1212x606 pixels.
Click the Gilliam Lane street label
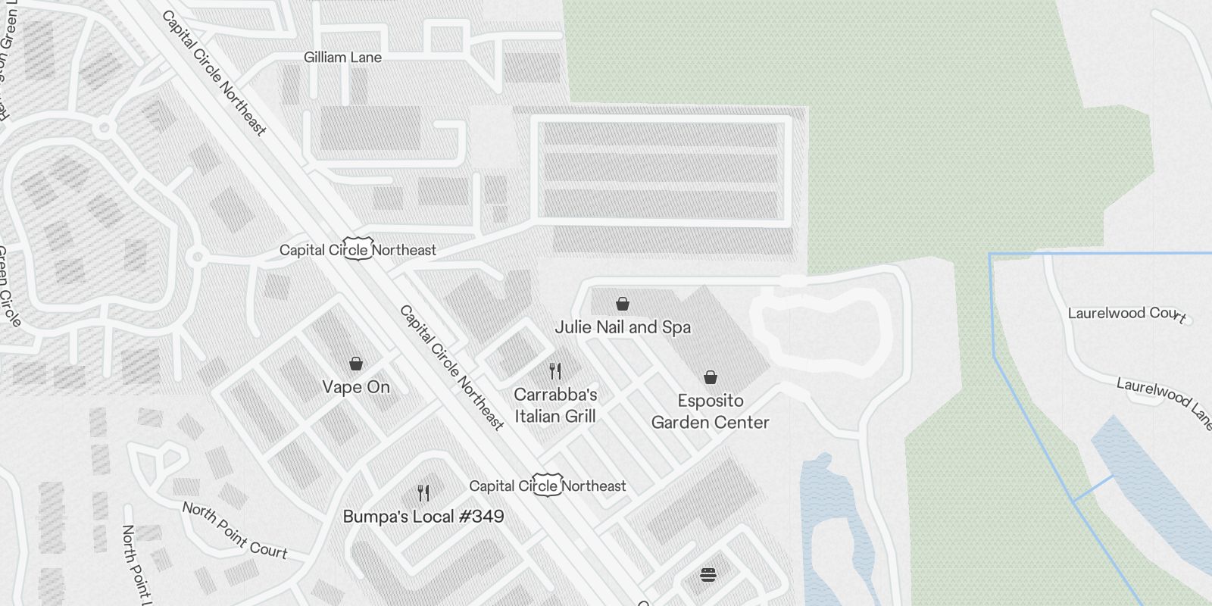tap(342, 58)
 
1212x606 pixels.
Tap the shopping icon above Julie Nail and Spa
tap(623, 304)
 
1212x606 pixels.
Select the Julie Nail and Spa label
tap(623, 327)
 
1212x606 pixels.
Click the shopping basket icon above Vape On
tap(356, 364)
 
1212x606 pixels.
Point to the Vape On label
tap(356, 387)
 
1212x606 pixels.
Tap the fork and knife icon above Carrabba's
tap(555, 371)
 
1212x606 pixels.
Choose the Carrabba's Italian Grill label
tap(555, 405)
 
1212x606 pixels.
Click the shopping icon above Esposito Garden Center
tap(711, 377)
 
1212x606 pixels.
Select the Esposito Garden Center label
tap(711, 411)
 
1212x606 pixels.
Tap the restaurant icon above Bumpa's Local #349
tap(423, 493)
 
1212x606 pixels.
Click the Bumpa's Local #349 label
tap(423, 517)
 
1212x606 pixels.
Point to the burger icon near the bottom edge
tap(708, 575)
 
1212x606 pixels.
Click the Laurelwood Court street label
tap(1126, 314)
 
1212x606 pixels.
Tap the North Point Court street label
tap(235, 530)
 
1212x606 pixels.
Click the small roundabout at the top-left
tap(105, 128)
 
